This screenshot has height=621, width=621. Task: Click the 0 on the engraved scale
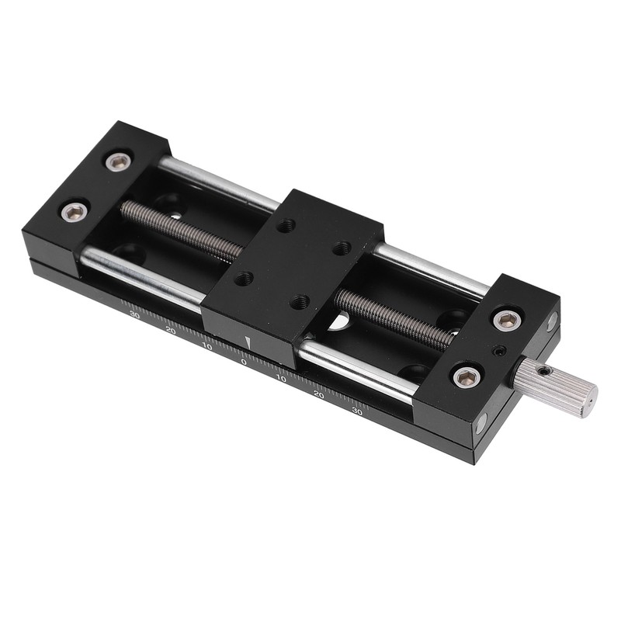[x=245, y=362]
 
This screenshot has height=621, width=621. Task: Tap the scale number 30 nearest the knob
[x=358, y=411]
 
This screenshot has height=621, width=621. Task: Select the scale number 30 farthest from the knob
[x=134, y=315]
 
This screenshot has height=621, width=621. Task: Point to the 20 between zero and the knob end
[x=319, y=394]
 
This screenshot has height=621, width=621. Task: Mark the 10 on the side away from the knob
[x=207, y=346]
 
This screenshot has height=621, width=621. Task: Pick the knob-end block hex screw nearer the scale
[x=467, y=377]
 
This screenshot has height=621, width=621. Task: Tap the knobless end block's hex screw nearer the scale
[x=75, y=211]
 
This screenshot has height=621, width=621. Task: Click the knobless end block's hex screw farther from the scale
[x=119, y=161]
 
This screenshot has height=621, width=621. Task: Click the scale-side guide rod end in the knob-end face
[x=480, y=423]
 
